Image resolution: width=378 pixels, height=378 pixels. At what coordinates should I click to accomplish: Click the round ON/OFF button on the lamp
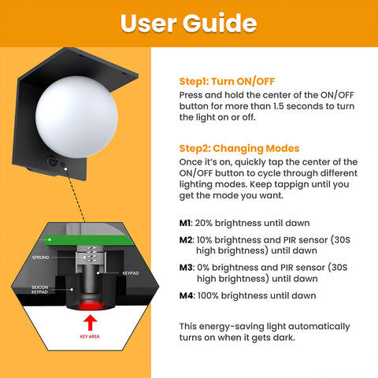[53, 161]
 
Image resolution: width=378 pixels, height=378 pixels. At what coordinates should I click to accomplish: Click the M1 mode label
[186, 222]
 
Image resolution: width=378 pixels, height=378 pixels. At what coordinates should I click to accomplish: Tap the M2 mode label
[186, 239]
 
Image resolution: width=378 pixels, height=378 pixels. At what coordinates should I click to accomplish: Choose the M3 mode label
[186, 267]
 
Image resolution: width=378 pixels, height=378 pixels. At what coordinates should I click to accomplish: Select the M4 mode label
[186, 295]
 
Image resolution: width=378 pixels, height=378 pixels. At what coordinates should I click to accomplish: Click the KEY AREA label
[89, 335]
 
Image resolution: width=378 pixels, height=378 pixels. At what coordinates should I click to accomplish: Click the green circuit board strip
[87, 239]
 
